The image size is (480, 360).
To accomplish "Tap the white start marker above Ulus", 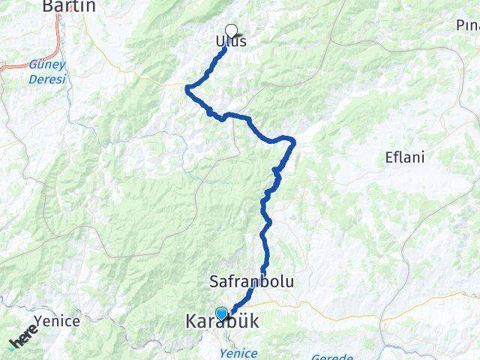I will pyautogui.click(x=231, y=31).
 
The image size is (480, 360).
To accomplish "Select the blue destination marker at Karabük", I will pyautogui.click(x=222, y=313).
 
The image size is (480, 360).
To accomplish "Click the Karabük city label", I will pyautogui.click(x=222, y=322).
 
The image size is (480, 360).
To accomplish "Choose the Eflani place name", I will pyautogui.click(x=404, y=158).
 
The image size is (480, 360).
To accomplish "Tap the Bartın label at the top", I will pyautogui.click(x=69, y=7).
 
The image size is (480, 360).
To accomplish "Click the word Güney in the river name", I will pyautogui.click(x=46, y=65).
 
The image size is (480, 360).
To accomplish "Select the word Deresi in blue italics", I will pyautogui.click(x=46, y=79).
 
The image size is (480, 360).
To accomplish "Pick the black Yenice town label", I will pyautogui.click(x=58, y=321).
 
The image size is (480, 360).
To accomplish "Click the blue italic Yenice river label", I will pyautogui.click(x=240, y=353).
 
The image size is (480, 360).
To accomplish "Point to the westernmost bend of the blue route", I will pyautogui.click(x=187, y=89).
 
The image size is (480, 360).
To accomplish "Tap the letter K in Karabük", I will pyautogui.click(x=191, y=322).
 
